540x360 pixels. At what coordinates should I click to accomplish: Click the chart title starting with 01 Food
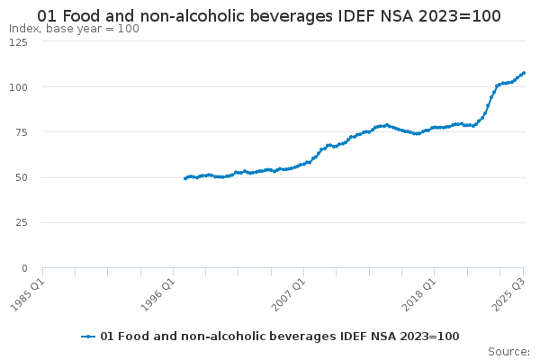pos(269,16)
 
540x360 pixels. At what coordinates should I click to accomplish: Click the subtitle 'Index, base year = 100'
pos(74,29)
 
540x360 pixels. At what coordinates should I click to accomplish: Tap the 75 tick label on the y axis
pos(21,132)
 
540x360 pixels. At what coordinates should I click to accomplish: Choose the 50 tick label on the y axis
pos(21,177)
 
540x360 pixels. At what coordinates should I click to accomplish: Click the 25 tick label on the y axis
pos(21,222)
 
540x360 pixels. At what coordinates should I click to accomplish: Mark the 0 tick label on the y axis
pos(24,268)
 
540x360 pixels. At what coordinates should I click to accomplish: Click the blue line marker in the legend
pos(88,337)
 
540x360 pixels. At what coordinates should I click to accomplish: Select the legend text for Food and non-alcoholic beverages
pos(279,337)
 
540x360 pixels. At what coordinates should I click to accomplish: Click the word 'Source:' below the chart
pos(508,351)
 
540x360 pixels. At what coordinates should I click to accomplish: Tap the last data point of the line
pos(524,73)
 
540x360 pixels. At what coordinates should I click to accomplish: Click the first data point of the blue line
pos(185,178)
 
